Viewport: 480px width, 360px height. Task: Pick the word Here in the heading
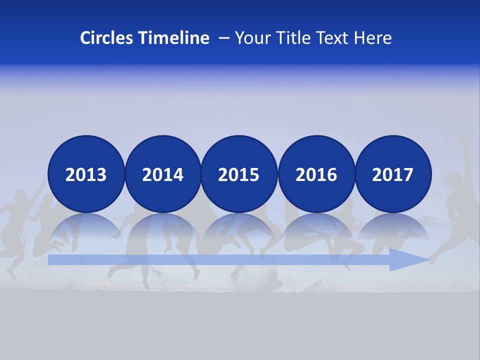tap(373, 38)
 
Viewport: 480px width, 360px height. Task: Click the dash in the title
tap(224, 38)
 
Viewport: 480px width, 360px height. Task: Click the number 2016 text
tap(316, 175)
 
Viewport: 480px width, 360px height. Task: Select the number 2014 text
tap(162, 175)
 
